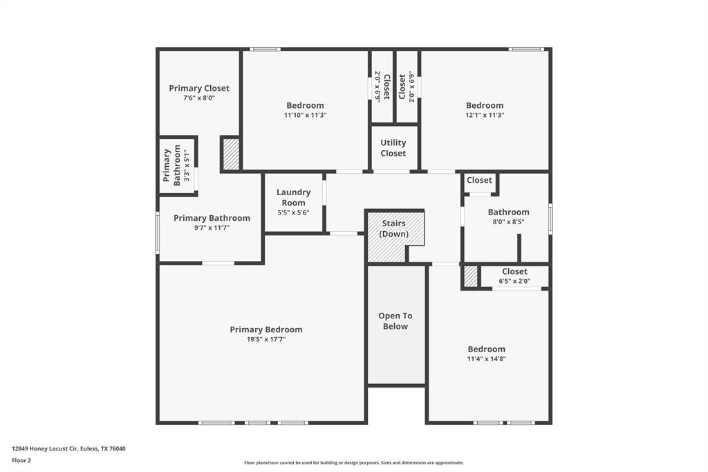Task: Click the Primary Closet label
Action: coord(199,88)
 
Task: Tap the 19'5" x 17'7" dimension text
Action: coord(266,340)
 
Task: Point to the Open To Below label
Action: coord(395,321)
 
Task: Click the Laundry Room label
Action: coord(293,197)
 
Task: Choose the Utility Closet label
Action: coord(393,148)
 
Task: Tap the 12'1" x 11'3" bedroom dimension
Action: coord(485,116)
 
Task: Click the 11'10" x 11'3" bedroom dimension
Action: coord(305,116)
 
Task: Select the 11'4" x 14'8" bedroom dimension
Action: coord(487,359)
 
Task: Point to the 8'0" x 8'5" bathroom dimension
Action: coord(508,222)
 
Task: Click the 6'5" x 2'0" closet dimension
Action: coord(514,281)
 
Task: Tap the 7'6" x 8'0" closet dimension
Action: coord(199,98)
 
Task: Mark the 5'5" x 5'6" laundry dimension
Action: coord(293,213)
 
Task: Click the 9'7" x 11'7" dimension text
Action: coord(212,228)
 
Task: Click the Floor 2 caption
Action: coord(22,460)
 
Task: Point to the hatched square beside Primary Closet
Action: coord(231,154)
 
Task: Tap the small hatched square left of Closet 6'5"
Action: coord(471,277)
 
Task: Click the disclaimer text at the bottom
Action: coord(353,463)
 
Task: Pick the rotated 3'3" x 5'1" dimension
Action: coord(186,165)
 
